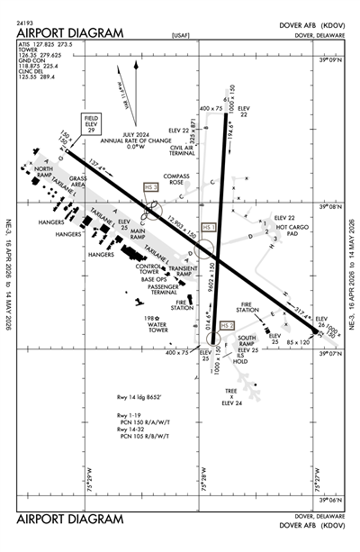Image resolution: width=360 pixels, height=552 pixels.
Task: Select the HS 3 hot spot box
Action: point(151,186)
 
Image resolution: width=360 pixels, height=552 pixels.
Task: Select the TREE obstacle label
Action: point(231,390)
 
